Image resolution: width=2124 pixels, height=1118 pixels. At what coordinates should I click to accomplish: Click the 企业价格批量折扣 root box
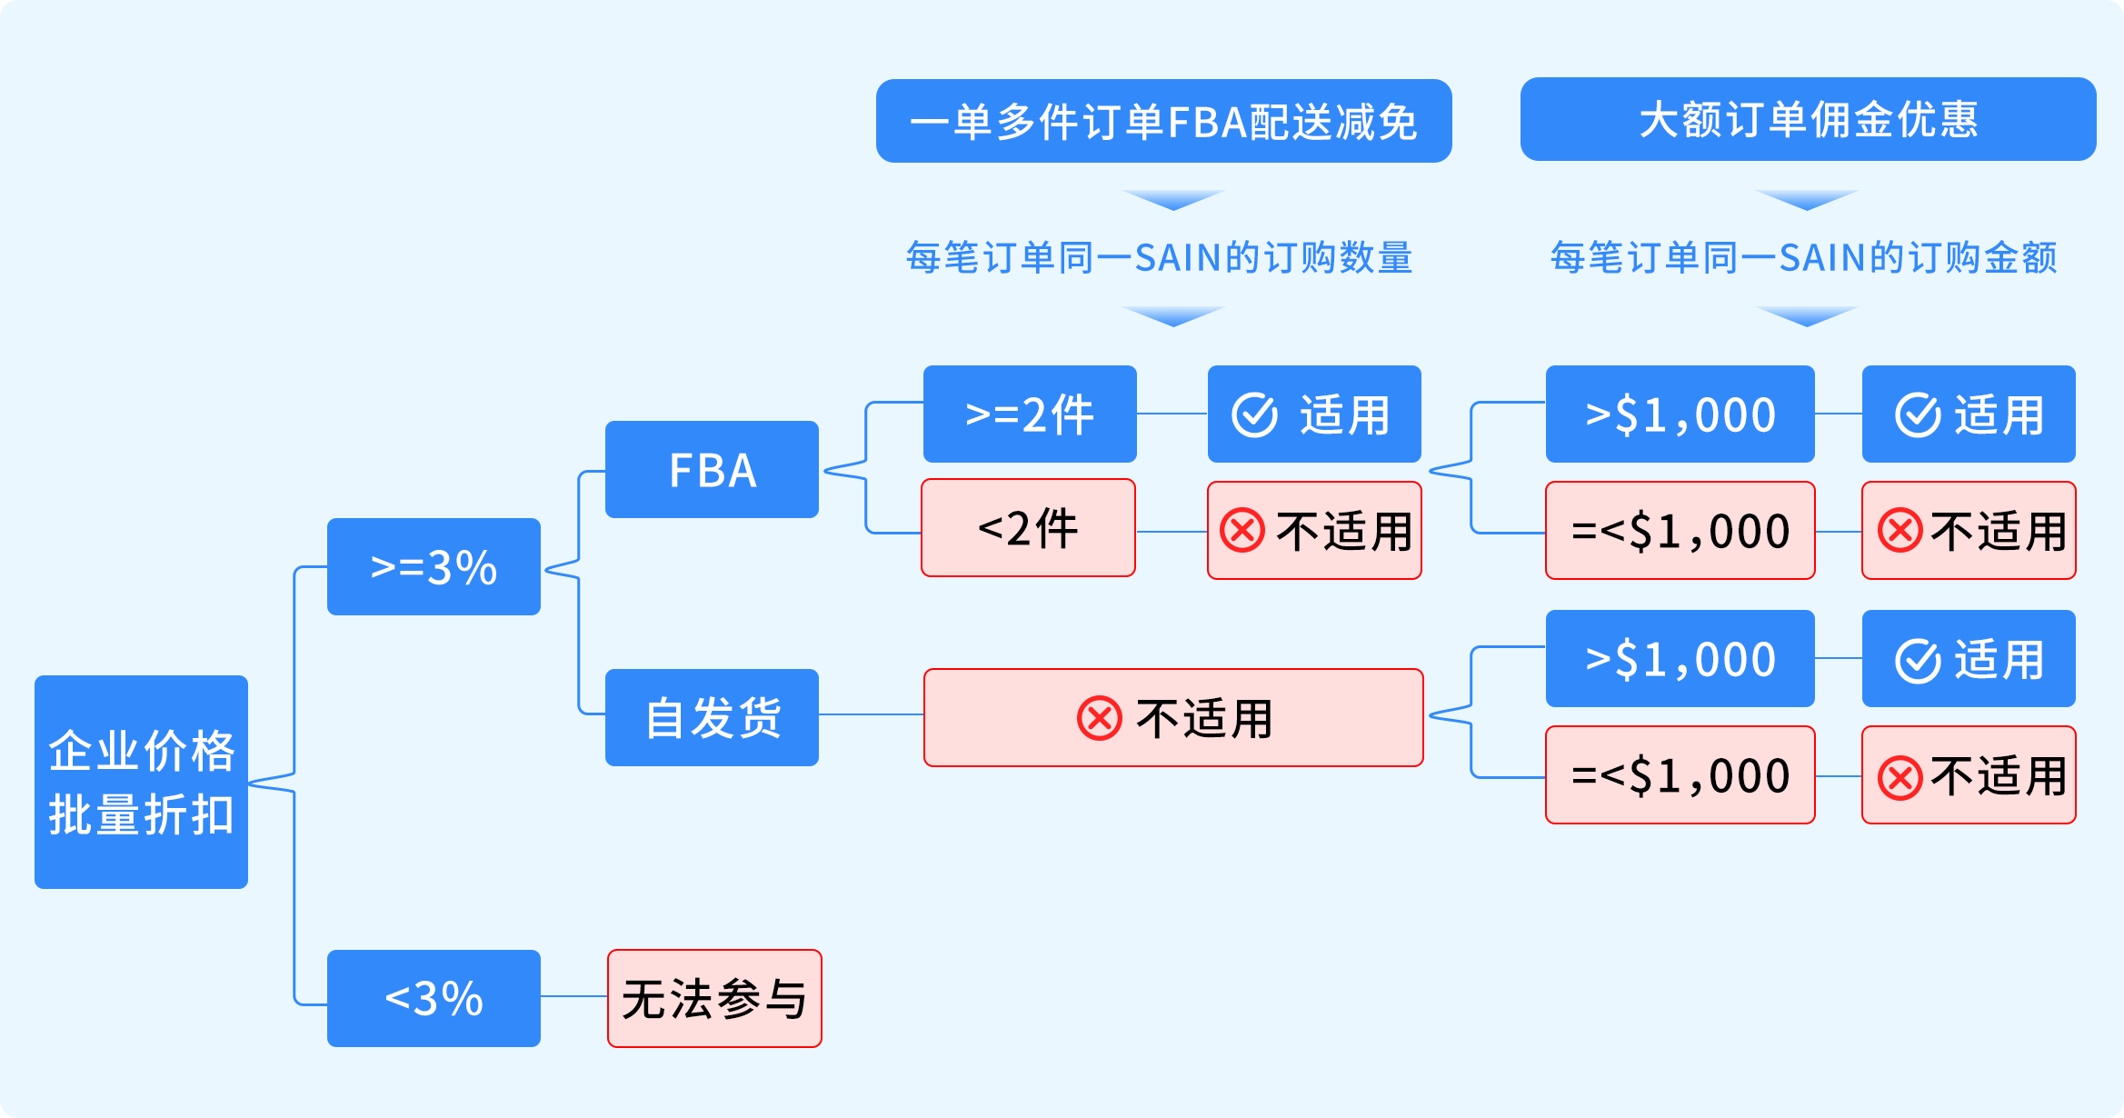(141, 782)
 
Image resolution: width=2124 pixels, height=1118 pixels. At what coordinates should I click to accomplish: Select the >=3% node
(434, 567)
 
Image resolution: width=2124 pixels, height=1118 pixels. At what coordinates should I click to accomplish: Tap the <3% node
(434, 998)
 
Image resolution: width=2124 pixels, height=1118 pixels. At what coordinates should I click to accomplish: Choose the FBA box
(712, 470)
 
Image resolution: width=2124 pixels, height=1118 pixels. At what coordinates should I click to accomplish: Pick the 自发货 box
(712, 718)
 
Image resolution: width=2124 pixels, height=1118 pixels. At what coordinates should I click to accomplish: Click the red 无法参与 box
(714, 998)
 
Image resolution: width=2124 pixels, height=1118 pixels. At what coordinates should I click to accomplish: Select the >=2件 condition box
(1030, 414)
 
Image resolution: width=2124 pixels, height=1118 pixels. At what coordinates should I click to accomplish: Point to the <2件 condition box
(1028, 528)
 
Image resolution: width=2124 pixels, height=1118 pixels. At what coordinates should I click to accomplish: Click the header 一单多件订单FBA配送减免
(1163, 121)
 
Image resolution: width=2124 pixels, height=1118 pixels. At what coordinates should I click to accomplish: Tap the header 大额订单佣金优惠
(1808, 119)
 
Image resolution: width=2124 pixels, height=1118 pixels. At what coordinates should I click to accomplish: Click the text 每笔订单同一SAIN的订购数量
(1159, 258)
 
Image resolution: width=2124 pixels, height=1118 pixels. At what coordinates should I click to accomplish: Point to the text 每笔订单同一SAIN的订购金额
(1803, 258)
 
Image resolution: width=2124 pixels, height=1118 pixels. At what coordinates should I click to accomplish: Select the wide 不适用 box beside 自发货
(1173, 718)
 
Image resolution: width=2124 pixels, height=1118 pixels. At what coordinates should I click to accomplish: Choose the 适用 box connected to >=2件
(1314, 414)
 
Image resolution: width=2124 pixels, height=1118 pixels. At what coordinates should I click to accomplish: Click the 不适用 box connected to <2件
(1314, 531)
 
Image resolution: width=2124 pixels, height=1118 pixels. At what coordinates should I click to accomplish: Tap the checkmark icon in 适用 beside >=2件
(1255, 415)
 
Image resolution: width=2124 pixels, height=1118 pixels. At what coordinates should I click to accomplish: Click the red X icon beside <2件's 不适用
(1242, 531)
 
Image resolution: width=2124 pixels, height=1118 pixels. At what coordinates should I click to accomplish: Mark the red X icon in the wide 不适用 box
(1100, 719)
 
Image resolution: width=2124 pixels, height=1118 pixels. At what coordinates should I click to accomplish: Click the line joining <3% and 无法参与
(573, 997)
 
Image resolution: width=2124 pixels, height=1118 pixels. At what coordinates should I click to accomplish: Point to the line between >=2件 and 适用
(1172, 414)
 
